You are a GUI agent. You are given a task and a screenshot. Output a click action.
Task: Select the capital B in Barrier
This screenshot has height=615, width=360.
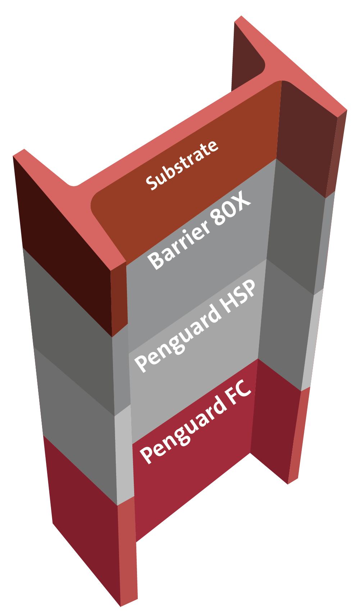(156, 259)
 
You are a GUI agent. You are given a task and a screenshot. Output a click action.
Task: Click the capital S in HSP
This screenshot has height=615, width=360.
(239, 296)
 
